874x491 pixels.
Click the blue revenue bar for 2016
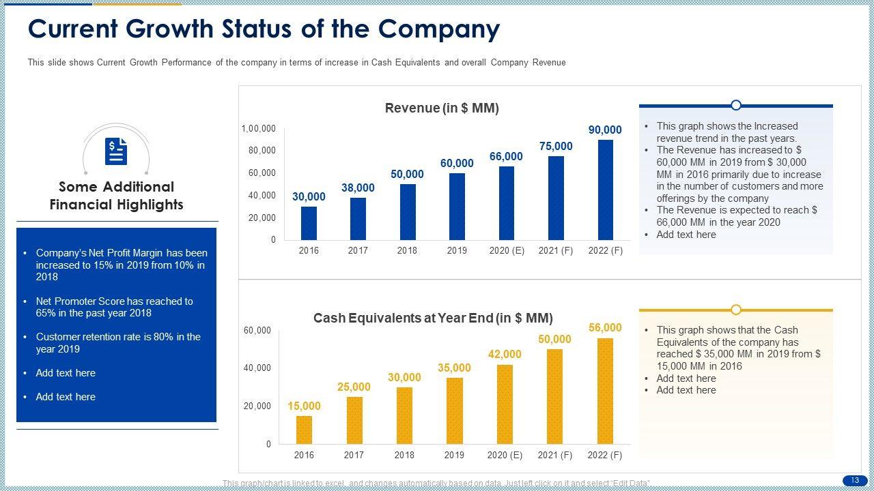[x=309, y=223]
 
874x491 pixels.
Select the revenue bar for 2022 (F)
[x=605, y=190]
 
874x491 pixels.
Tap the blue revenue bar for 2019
[x=457, y=207]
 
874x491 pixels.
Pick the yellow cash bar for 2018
[x=404, y=415]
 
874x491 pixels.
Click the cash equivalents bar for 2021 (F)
[x=554, y=396]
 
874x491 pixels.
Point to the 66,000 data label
[x=506, y=157]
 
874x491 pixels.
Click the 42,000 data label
[x=505, y=355]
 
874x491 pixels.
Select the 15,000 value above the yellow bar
[x=304, y=406]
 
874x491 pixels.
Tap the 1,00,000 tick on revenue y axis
[x=258, y=129]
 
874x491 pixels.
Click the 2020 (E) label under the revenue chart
[x=507, y=251]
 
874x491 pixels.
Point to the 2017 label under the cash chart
[x=354, y=456]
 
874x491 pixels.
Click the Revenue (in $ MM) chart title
[x=442, y=108]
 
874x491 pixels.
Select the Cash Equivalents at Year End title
[x=433, y=318]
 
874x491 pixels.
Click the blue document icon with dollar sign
[x=116, y=151]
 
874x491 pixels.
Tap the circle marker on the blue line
[x=736, y=105]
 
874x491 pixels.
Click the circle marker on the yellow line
[x=736, y=310]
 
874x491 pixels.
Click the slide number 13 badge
[x=854, y=481]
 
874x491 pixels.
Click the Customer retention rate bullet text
[x=118, y=343]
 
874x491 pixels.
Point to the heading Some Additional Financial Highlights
[x=116, y=196]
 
